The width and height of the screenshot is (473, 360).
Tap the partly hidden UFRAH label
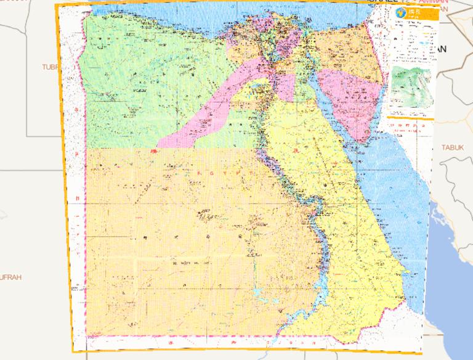(x=11, y=277)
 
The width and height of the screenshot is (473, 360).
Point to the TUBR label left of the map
(x=52, y=66)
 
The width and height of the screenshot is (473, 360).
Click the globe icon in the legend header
(x=400, y=13)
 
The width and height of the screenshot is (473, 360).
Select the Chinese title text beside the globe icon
(x=413, y=13)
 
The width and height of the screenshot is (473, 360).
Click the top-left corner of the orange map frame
(x=55, y=4)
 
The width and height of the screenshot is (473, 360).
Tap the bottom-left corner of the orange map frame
(x=73, y=352)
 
